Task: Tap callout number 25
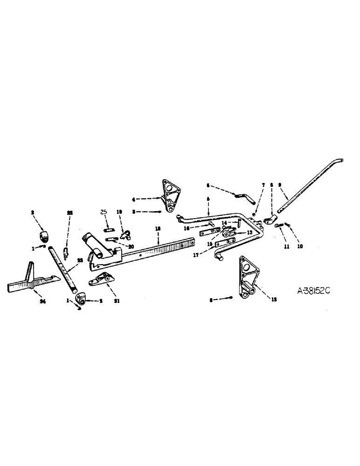tap(104, 212)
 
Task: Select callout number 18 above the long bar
tap(158, 228)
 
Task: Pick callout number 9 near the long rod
tap(280, 185)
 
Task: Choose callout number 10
tap(300, 247)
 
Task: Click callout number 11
tap(286, 247)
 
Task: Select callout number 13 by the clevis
tap(249, 233)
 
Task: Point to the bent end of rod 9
tap(339, 161)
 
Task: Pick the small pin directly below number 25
tap(108, 228)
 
